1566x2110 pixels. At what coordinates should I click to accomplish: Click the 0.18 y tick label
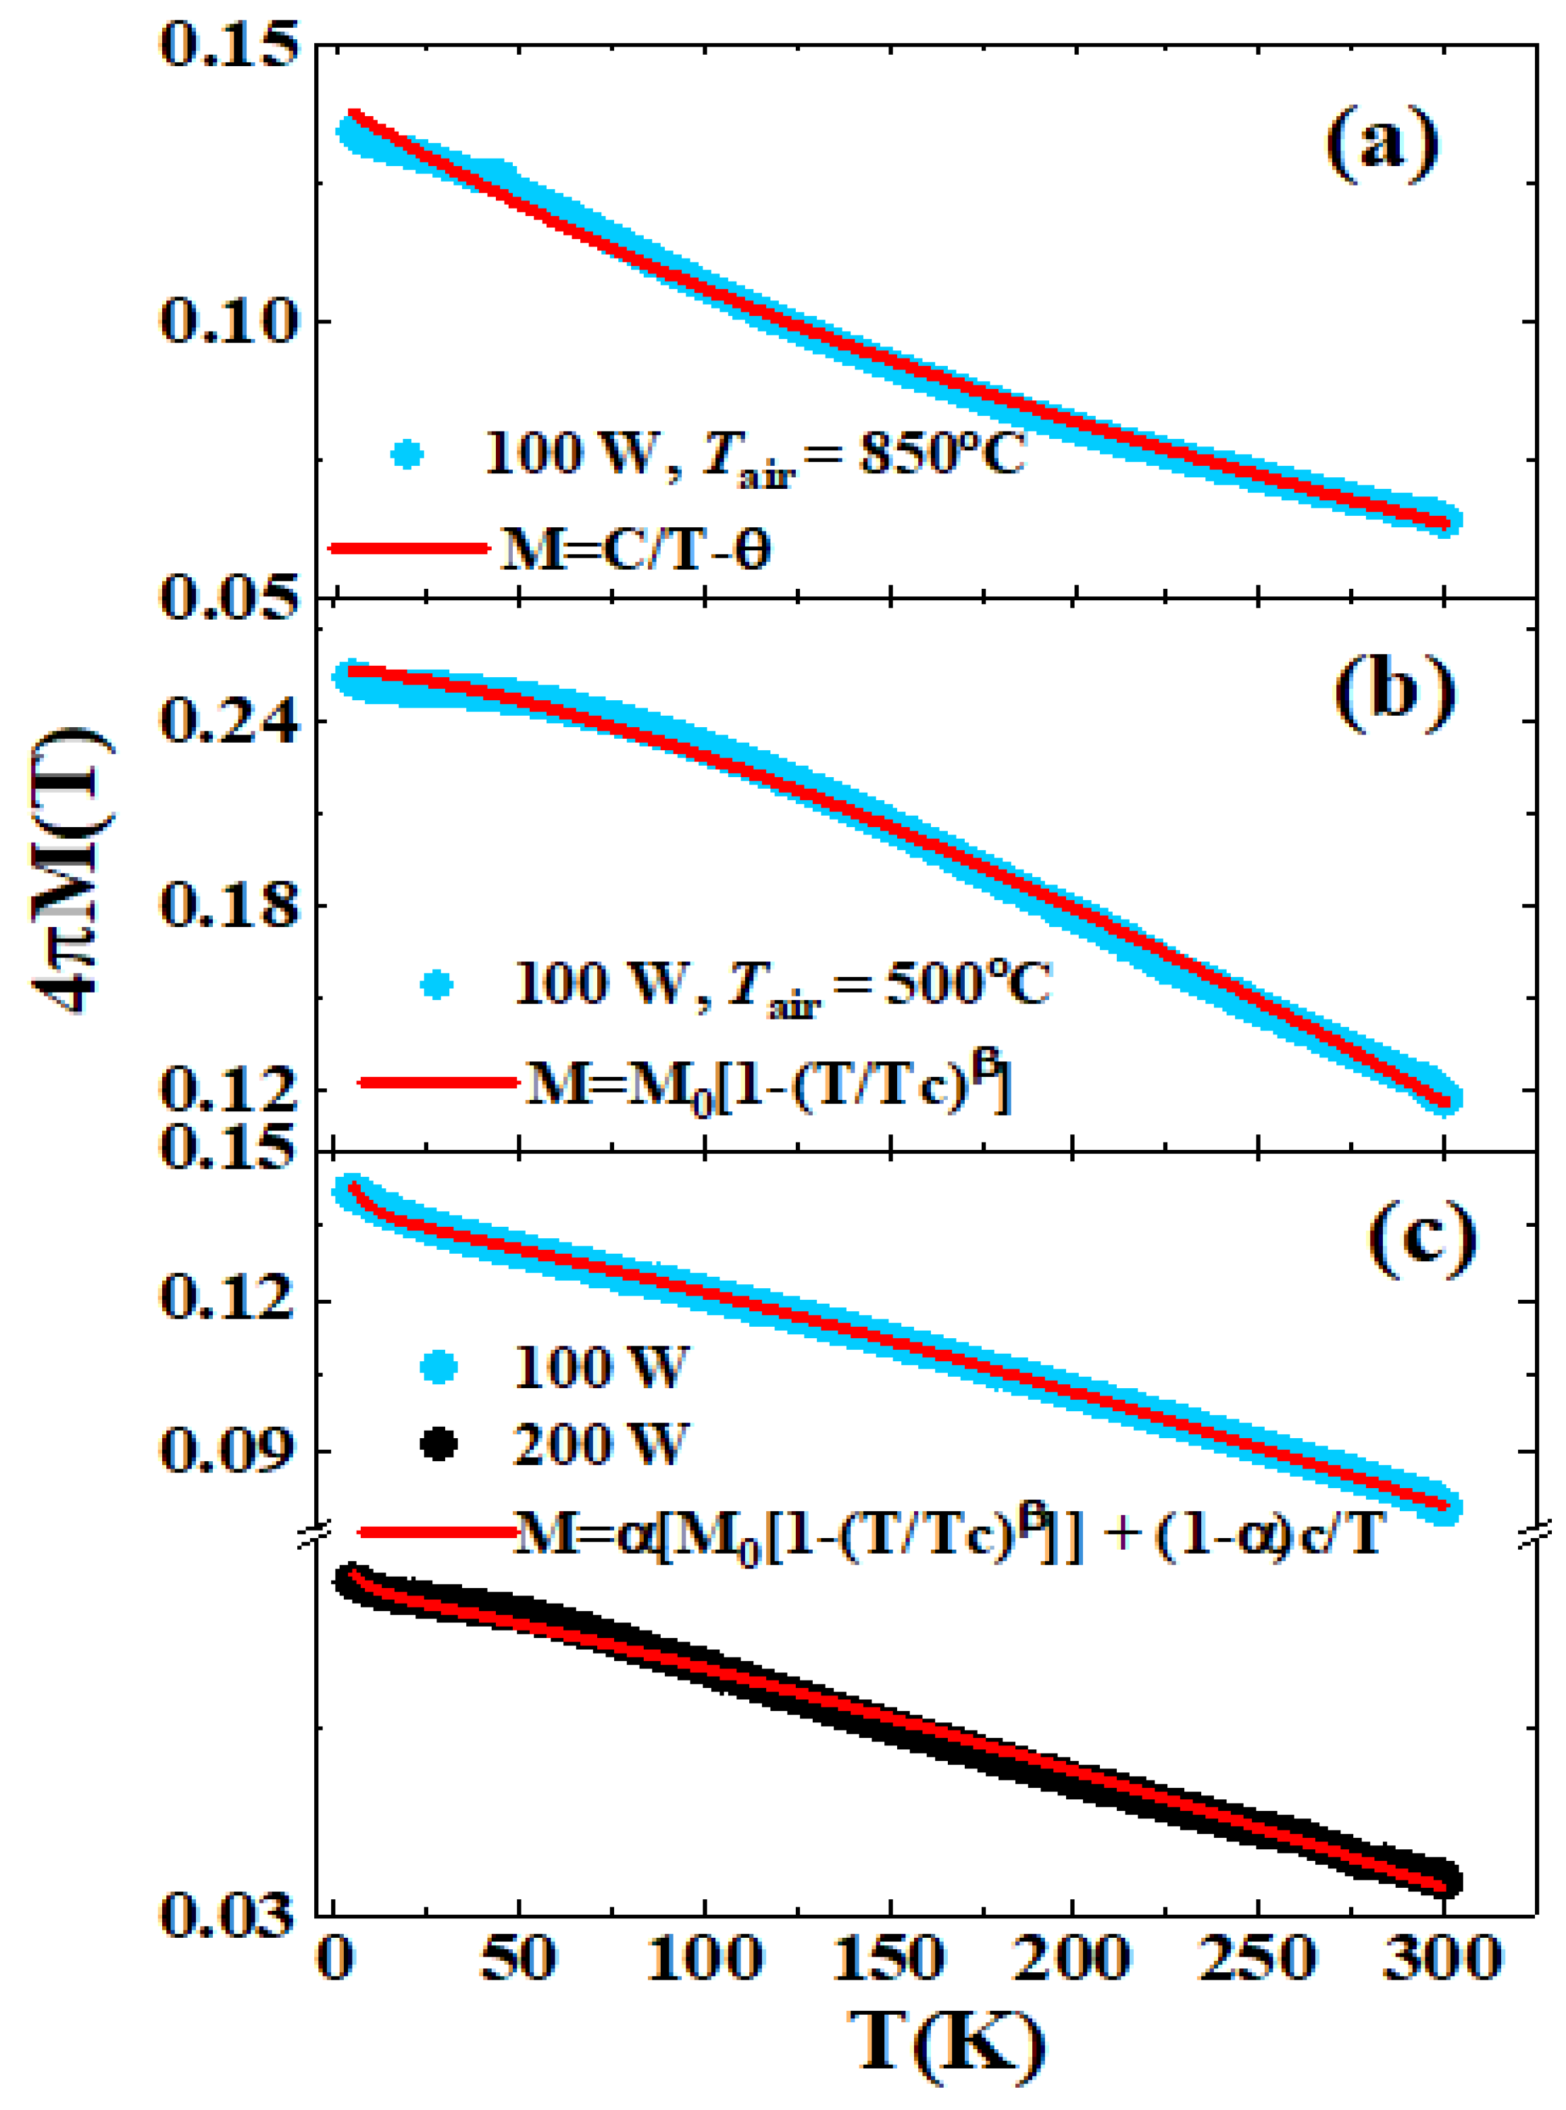[x=224, y=905]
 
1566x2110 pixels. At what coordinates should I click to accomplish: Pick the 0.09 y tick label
[x=224, y=1450]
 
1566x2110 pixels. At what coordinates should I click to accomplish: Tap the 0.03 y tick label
[x=224, y=1914]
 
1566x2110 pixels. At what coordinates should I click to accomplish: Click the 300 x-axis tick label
[x=1442, y=1957]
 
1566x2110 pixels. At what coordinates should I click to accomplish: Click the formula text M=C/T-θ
[x=634, y=550]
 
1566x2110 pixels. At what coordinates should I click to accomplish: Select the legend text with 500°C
[x=782, y=985]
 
